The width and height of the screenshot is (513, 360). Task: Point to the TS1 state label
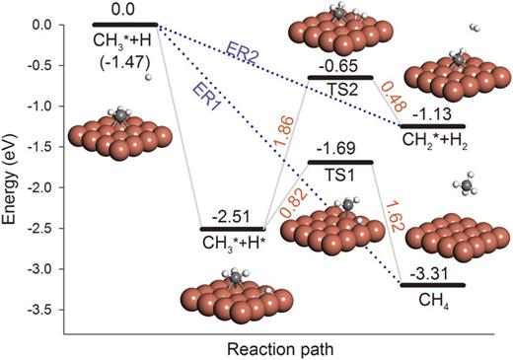click(340, 172)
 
